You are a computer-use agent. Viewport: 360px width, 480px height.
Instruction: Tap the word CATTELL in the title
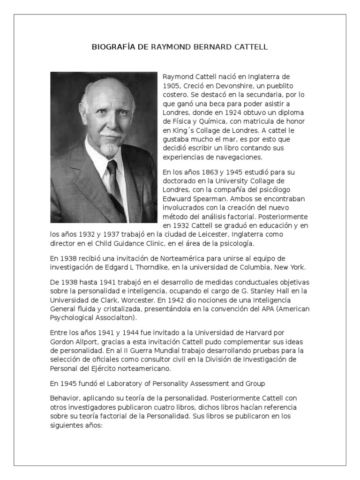pyautogui.click(x=252, y=47)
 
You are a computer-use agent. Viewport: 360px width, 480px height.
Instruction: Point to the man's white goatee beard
pyautogui.click(x=110, y=150)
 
